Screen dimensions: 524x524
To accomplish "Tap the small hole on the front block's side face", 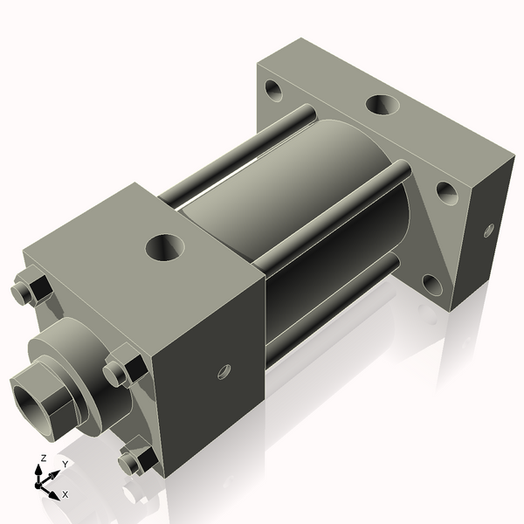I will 224,372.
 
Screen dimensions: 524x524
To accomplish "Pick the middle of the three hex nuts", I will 123,370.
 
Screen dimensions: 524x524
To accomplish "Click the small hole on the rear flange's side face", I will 488,231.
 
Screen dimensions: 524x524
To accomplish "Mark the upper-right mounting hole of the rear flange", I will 446,192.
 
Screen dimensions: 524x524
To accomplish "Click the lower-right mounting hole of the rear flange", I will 431,284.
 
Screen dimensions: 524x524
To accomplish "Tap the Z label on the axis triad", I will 43,458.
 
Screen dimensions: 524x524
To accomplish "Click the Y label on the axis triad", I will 65,464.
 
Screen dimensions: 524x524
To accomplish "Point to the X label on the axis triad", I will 65,494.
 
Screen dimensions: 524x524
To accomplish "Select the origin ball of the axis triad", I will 40,481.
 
